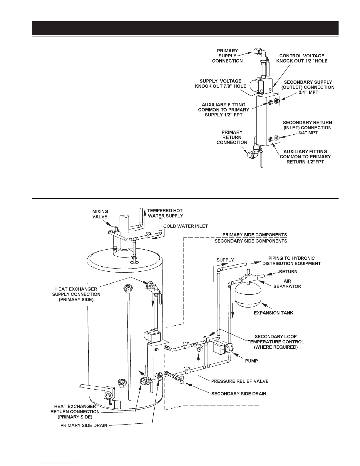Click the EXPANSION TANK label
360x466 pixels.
[273, 313]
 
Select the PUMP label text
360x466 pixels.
[251, 361]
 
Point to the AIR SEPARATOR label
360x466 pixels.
[287, 284]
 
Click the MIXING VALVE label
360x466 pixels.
[100, 214]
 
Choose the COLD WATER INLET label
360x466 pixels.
[185, 226]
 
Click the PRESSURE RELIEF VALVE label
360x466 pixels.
[240, 381]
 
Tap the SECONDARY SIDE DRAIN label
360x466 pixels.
[239, 394]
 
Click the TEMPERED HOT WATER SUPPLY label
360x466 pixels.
[165, 213]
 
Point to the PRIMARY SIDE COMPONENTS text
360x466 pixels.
[254, 235]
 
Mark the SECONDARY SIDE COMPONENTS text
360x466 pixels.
[251, 241]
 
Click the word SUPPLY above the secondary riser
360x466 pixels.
[225, 260]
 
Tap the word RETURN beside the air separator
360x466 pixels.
[288, 272]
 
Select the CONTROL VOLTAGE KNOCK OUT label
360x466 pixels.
[302, 58]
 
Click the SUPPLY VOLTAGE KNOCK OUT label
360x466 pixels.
[220, 83]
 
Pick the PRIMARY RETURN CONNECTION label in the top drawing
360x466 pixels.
[232, 137]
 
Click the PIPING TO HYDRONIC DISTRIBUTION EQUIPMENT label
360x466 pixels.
[292, 261]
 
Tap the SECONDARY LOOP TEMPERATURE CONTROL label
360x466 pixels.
[276, 342]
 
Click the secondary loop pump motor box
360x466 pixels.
[219, 348]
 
